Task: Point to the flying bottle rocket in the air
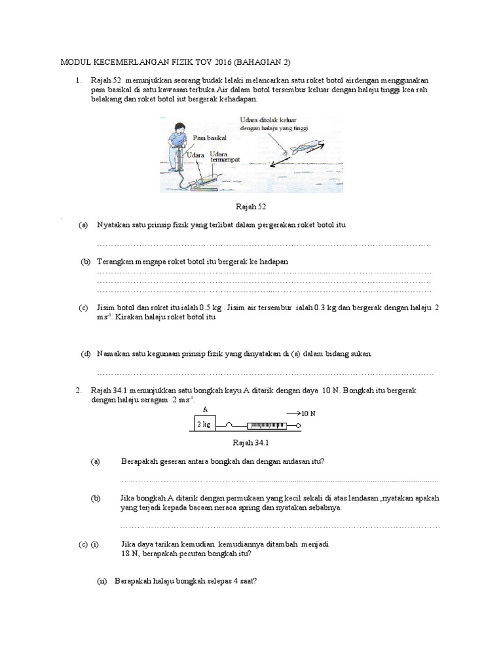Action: [x=303, y=146]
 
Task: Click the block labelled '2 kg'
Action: [x=204, y=424]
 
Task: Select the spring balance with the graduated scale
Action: [x=269, y=426]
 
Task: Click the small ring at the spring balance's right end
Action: [x=299, y=426]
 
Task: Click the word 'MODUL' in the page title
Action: [x=75, y=63]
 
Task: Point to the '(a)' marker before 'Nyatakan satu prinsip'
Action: [x=83, y=225]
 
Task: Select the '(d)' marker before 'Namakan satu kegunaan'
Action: [x=84, y=354]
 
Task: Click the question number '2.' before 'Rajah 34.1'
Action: [x=79, y=391]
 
